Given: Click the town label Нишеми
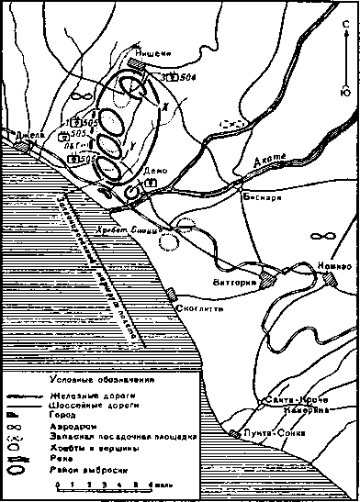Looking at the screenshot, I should click(153, 54).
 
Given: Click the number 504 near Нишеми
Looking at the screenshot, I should click(188, 78).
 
